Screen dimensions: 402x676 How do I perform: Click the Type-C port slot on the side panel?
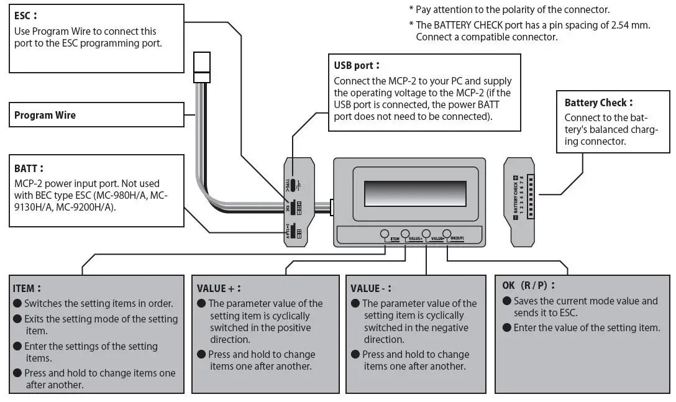[x=291, y=185]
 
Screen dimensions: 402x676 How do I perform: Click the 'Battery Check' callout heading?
[x=598, y=103]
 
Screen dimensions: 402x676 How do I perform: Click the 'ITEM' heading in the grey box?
[x=27, y=289]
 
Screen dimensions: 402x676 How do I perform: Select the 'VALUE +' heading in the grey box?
[x=218, y=289]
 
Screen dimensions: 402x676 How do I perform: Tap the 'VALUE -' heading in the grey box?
[x=371, y=289]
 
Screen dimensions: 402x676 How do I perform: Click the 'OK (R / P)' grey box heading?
[x=528, y=285]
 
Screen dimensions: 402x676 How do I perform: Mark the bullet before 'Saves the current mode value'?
[x=506, y=301]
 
